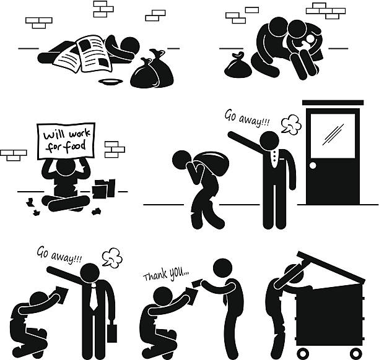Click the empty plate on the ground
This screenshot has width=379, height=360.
(x=110, y=82)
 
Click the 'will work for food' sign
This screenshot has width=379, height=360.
(x=66, y=141)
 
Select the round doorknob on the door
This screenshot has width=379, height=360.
(x=313, y=166)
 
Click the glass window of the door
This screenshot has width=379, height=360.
(x=333, y=136)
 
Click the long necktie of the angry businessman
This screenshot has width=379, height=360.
(x=93, y=296)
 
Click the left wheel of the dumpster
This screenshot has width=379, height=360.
(x=303, y=353)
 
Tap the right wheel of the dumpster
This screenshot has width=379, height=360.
(x=355, y=353)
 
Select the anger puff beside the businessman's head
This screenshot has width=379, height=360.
(x=112, y=258)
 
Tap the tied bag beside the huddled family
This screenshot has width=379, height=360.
(x=238, y=66)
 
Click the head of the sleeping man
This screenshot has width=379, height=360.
(x=130, y=46)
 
